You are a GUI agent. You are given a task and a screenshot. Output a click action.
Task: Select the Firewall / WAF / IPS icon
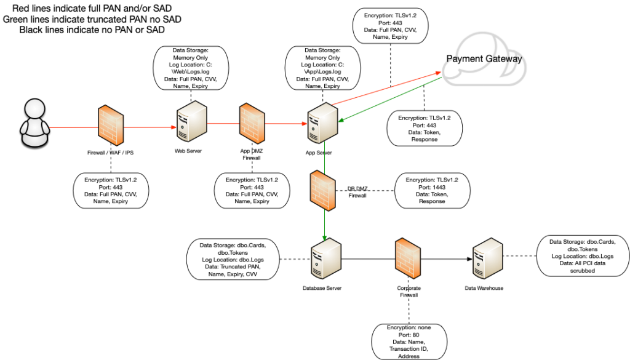tap(111, 127)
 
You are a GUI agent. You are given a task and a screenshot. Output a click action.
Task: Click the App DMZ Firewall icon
tap(251, 126)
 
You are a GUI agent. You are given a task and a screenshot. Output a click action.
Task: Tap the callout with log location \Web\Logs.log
tap(190, 68)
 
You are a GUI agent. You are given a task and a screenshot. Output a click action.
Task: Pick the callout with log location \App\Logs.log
tap(322, 68)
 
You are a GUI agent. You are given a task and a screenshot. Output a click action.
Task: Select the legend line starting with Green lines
tap(92, 19)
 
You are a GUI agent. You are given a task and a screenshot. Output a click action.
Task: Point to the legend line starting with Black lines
tap(92, 30)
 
